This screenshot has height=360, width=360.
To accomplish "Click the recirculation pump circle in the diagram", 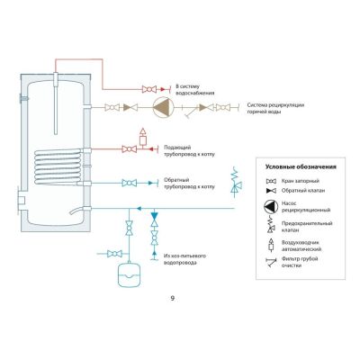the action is tap(164, 107).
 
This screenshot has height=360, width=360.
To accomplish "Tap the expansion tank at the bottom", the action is tap(130, 274).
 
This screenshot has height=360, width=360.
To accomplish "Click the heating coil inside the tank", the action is tap(58, 166).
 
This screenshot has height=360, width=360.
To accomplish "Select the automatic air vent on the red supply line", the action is tap(143, 138).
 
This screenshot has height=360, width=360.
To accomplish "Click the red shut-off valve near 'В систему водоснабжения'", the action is tap(149, 89).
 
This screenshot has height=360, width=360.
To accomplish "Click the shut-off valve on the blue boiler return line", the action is tap(129, 183).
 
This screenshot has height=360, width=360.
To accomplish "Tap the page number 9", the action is tap(172, 299).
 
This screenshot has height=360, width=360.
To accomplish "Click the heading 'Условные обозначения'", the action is tap(301, 167).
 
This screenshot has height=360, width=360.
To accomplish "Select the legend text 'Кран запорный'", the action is tap(300, 181).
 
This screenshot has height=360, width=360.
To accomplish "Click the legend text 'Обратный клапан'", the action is tap(303, 191).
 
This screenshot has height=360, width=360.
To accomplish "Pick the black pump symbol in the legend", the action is tap(271, 207).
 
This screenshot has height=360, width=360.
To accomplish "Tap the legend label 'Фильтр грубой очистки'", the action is tap(300, 262).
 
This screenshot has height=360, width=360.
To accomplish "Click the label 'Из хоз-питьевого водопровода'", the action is tap(184, 259).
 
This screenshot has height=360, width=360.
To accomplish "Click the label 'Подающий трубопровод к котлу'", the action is tap(189, 151).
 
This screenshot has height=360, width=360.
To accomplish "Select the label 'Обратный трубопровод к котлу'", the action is tap(189, 184).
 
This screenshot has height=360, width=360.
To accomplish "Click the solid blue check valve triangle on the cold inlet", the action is tap(155, 216).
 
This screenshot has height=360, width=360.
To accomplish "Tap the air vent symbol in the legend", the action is tap(271, 245).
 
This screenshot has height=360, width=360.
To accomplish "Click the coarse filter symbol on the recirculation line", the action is tap(191, 110).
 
